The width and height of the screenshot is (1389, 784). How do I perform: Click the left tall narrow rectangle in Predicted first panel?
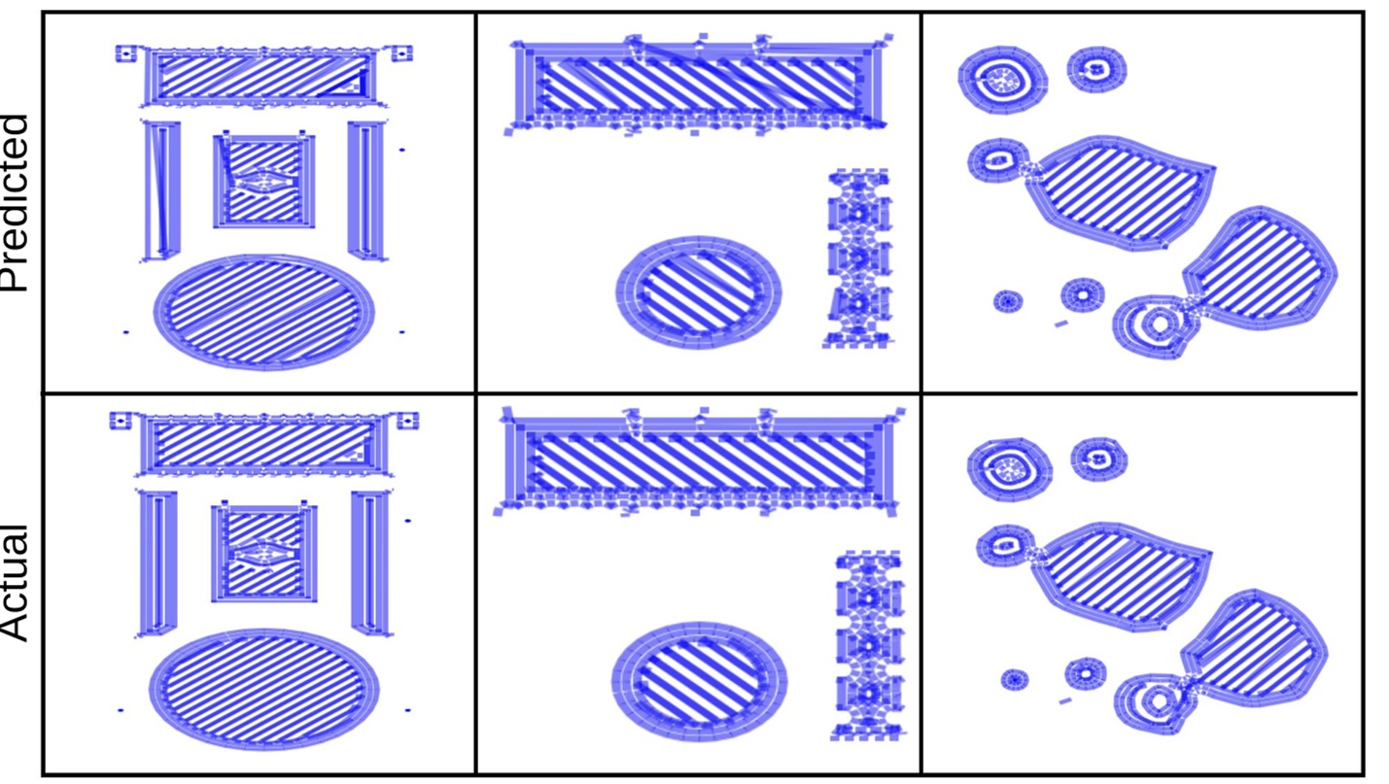pyautogui.click(x=161, y=189)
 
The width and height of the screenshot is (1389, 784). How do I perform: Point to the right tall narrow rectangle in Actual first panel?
pyautogui.click(x=369, y=562)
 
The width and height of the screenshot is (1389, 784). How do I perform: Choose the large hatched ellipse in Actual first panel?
pyautogui.click(x=263, y=688)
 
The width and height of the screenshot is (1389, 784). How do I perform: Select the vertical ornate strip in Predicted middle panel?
pyautogui.click(x=858, y=258)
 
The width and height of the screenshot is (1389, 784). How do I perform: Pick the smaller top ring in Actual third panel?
pyautogui.click(x=1099, y=457)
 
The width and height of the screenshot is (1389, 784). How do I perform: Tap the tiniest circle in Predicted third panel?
pyautogui.click(x=1008, y=301)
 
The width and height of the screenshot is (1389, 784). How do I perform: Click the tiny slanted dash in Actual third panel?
pyautogui.click(x=1066, y=699)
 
